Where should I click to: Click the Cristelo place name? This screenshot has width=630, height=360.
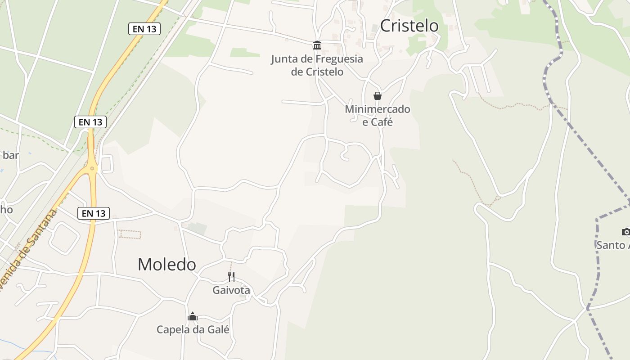(409, 26)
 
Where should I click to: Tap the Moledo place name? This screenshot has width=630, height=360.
(166, 265)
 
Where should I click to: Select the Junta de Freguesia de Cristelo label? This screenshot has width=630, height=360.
(317, 65)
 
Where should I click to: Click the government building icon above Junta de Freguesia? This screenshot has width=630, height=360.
(317, 45)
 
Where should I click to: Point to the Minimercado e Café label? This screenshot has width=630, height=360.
(378, 116)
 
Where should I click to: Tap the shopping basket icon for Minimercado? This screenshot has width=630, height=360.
(378, 96)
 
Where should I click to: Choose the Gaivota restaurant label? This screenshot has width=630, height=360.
(231, 290)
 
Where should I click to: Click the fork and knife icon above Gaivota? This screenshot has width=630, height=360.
(231, 276)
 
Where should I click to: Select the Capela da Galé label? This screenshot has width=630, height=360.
(193, 329)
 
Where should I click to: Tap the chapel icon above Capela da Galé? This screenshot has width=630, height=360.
(193, 316)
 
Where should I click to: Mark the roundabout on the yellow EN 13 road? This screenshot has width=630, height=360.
(92, 169)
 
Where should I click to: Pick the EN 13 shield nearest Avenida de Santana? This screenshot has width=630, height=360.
(94, 213)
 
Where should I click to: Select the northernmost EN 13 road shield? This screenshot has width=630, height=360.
(144, 29)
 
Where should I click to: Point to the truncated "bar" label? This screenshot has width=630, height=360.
(10, 155)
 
